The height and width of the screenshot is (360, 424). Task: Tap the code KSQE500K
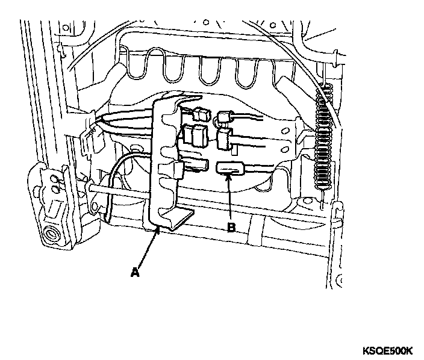(387, 350)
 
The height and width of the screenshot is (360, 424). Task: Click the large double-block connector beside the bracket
(195, 137)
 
